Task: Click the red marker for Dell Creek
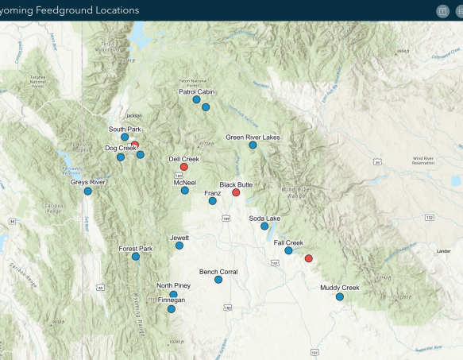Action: click(x=184, y=167)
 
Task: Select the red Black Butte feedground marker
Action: click(x=236, y=192)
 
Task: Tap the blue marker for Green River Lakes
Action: click(x=253, y=145)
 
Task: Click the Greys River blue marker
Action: click(x=88, y=191)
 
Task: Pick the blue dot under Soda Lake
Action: click(x=264, y=226)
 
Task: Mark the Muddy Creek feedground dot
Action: click(x=340, y=296)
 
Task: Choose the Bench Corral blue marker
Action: click(x=218, y=280)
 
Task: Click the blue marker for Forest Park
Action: click(x=136, y=257)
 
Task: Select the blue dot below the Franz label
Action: click(x=212, y=201)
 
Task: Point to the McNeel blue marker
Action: click(x=185, y=191)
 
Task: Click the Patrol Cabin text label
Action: click(x=197, y=91)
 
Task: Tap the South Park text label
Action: click(x=125, y=129)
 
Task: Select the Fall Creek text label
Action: click(x=288, y=242)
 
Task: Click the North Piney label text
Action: click(x=173, y=285)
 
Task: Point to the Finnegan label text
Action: click(x=172, y=300)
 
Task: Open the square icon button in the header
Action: click(x=443, y=11)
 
